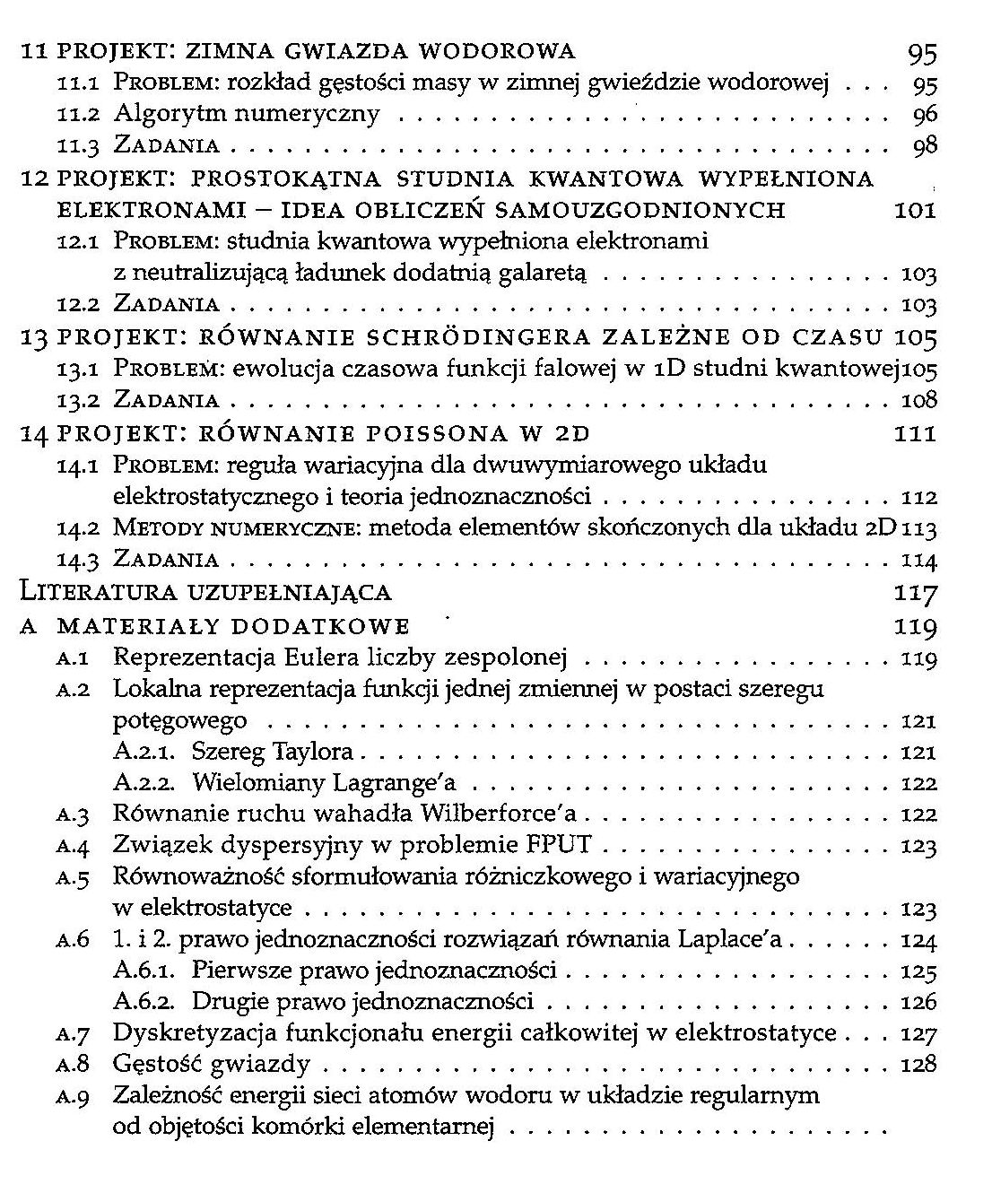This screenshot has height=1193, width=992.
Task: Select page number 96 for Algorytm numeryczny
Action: (x=924, y=114)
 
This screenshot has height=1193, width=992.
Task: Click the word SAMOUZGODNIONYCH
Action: (x=640, y=210)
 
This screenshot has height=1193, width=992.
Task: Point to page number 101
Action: (x=915, y=210)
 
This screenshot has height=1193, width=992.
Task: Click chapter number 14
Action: (x=33, y=433)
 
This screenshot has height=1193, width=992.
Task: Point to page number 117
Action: (x=915, y=593)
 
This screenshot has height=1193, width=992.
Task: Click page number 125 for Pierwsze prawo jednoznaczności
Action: (x=918, y=971)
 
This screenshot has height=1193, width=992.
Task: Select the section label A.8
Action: (x=73, y=1066)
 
